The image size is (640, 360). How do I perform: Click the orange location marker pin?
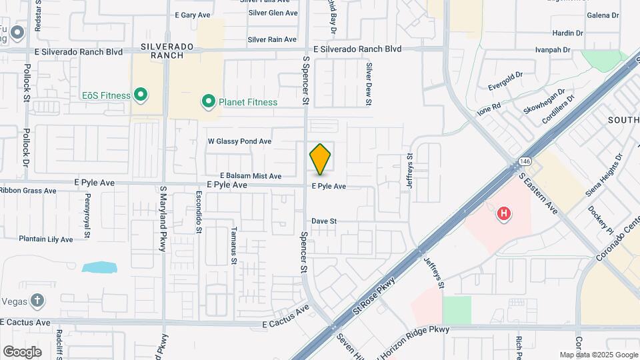point(320,159)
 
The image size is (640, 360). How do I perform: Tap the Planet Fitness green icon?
point(208,102)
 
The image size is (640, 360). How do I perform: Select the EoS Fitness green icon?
point(140,95)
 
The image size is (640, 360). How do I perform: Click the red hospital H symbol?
point(504,214)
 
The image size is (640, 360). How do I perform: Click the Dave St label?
point(325,221)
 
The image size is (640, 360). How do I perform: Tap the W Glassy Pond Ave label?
point(239,141)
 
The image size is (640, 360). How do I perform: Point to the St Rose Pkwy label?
point(375,297)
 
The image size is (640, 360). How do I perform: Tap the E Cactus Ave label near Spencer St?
point(285,317)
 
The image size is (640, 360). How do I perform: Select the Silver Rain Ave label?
point(272,40)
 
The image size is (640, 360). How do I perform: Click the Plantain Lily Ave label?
point(46,239)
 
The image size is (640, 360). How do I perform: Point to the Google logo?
point(22,351)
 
